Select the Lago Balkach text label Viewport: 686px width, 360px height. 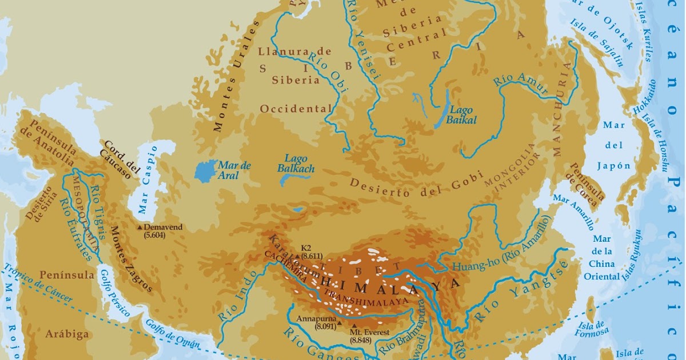point(296,164)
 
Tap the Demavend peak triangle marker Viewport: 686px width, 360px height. point(140,227)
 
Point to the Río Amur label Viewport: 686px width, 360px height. point(520,87)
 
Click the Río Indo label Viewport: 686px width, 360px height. point(233,301)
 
